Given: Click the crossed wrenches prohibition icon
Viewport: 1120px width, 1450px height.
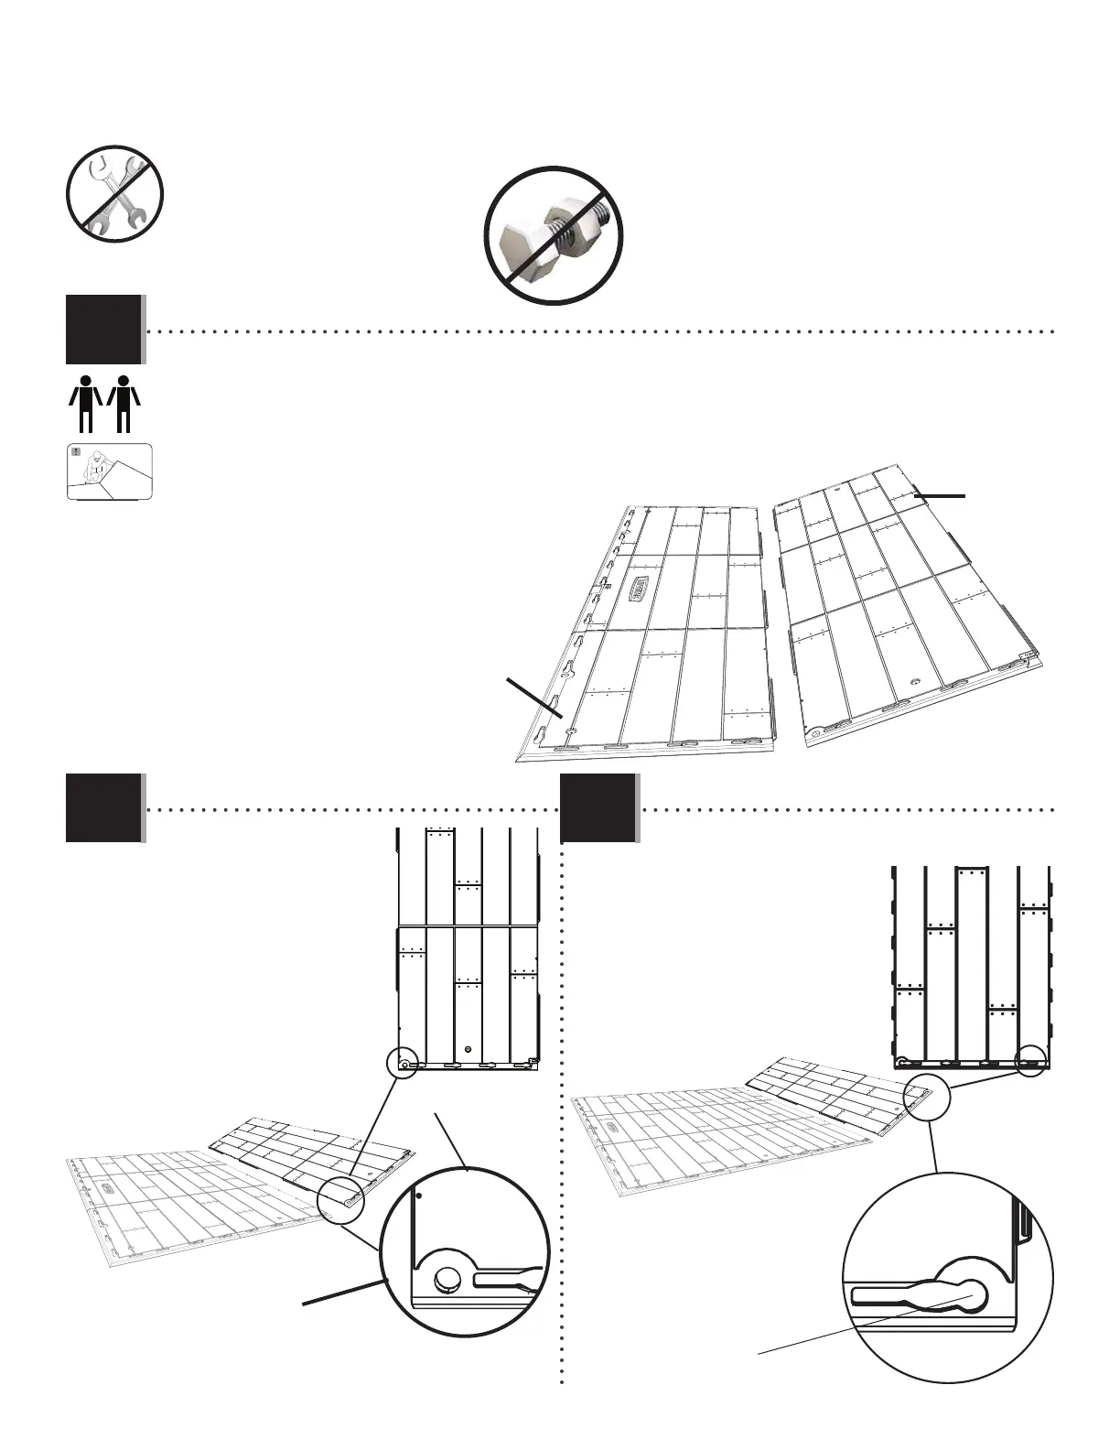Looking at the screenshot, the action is (114, 194).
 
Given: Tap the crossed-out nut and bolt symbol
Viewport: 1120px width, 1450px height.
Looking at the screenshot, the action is (554, 235).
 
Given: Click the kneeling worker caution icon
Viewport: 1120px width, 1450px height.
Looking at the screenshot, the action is (109, 471).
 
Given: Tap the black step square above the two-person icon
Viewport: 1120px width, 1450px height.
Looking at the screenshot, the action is (103, 329).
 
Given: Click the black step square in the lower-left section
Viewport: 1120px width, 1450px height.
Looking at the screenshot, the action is (103, 807).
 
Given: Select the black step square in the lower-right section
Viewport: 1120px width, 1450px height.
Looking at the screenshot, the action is (598, 807).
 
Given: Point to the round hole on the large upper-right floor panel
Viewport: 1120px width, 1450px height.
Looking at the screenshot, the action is (916, 681).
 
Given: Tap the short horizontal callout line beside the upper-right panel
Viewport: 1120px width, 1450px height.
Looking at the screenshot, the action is (939, 495).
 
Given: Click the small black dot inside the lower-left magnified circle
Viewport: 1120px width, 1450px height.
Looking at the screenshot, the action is (419, 1195).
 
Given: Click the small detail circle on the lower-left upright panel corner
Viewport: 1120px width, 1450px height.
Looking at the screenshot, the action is (403, 1063).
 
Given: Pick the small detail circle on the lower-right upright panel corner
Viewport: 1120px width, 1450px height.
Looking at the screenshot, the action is (1031, 1061).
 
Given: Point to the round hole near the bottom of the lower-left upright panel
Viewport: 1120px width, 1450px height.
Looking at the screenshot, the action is (468, 1048).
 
